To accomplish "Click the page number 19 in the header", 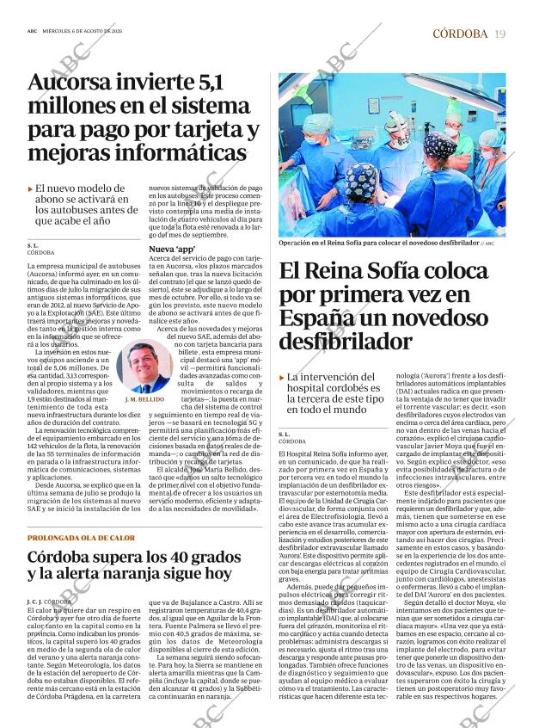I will click(x=500, y=34).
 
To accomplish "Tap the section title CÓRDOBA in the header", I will click(x=460, y=34).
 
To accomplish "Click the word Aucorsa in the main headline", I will click(x=70, y=84).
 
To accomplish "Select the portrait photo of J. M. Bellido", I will click(x=145, y=367).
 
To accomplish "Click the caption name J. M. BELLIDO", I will click(x=145, y=400).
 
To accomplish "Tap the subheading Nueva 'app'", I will click(x=173, y=249).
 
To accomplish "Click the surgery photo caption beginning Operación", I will click(x=378, y=244).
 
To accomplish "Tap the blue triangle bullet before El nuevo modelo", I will click(x=31, y=188).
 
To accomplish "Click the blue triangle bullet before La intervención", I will click(x=282, y=378).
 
